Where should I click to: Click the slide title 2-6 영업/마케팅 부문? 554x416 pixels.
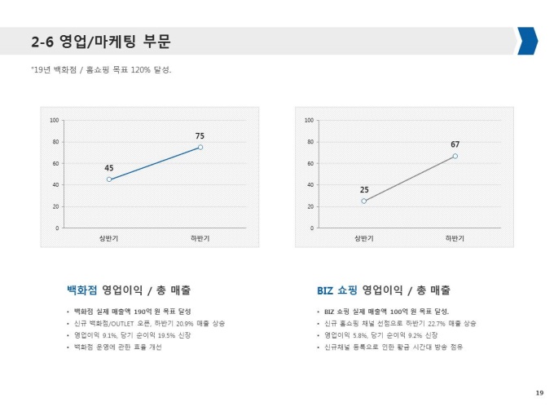click(x=100, y=42)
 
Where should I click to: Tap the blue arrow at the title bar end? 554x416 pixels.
click(x=527, y=41)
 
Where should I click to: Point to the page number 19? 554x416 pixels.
click(x=539, y=393)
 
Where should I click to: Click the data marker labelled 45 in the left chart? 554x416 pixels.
click(x=109, y=179)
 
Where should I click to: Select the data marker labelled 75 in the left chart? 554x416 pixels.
click(x=200, y=147)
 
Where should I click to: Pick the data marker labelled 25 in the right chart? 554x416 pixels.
click(x=364, y=201)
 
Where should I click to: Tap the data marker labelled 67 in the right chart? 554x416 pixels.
click(x=455, y=156)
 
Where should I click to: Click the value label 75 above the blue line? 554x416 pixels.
click(x=200, y=135)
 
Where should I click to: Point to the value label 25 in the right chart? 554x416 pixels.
click(x=364, y=189)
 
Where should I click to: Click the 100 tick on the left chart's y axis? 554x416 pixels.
click(x=55, y=121)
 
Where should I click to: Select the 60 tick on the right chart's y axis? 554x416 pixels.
click(x=310, y=164)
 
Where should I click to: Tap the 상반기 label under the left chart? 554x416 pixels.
click(x=108, y=238)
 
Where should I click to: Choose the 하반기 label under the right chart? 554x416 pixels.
click(x=455, y=238)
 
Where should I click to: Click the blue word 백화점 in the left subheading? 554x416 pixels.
click(x=81, y=290)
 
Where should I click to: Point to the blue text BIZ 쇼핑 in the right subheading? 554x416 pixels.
click(x=337, y=290)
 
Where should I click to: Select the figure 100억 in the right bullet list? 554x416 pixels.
click(x=399, y=311)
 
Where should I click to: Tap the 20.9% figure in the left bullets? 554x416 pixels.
click(x=185, y=323)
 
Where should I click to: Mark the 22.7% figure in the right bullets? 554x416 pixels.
click(x=437, y=323)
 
